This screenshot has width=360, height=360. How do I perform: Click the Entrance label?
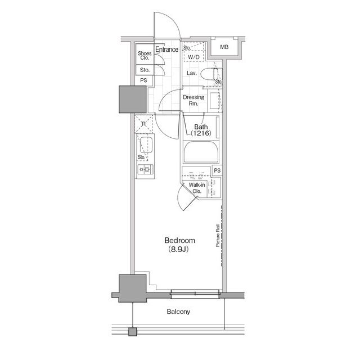click(x=166, y=49)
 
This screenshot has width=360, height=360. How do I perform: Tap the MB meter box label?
click(x=224, y=47)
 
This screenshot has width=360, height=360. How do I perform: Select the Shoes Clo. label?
click(x=145, y=56)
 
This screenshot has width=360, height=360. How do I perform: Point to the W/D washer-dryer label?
click(x=193, y=57)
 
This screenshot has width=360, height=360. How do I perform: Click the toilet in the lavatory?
click(x=209, y=74)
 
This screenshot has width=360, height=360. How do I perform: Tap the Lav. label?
click(x=191, y=73)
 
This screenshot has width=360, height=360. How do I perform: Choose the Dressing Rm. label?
click(x=193, y=100)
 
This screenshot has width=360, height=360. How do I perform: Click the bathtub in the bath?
click(x=201, y=152)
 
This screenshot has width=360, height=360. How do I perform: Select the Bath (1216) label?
click(x=201, y=130)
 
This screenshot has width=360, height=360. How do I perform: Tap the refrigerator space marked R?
click(x=144, y=124)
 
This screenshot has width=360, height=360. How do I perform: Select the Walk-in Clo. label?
click(x=197, y=188)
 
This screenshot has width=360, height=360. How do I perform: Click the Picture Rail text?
click(x=218, y=235)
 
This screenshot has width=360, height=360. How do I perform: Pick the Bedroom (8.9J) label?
click(x=180, y=245)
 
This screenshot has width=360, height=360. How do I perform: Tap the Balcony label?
click(x=178, y=312)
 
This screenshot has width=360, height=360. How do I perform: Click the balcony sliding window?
click(x=195, y=294)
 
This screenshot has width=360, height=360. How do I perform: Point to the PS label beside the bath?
click(x=217, y=170)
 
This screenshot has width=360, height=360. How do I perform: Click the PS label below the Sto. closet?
click(x=143, y=80)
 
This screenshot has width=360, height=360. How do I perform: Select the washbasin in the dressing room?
click(x=215, y=101)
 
